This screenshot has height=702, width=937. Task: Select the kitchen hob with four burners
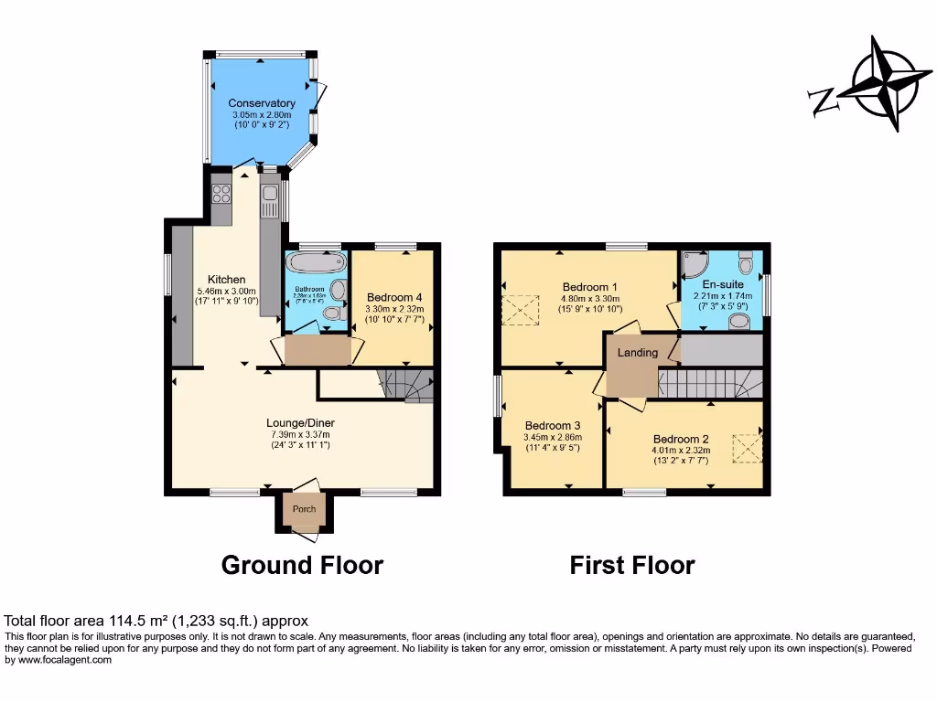tap(221, 193)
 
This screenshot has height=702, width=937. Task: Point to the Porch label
tap(304, 509)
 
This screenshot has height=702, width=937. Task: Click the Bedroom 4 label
tap(394, 297)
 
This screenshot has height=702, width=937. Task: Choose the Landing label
tap(638, 353)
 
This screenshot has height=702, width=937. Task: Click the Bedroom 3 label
tap(553, 426)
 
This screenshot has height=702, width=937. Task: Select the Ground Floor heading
tap(302, 565)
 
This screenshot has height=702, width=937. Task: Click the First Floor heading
tap(631, 565)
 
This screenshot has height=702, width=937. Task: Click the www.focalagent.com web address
tap(64, 660)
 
